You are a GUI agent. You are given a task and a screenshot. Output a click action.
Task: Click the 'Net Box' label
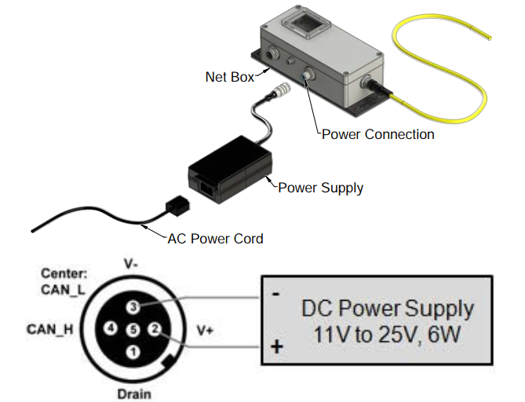click(x=230, y=77)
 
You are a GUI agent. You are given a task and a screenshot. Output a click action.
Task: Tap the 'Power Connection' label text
click(x=378, y=134)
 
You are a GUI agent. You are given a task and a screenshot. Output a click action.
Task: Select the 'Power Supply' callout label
click(x=320, y=188)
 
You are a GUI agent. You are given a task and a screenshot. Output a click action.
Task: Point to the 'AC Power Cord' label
click(x=215, y=239)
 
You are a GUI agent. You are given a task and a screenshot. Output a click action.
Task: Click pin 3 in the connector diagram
click(x=133, y=306)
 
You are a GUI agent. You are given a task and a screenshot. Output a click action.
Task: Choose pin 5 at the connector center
click(x=133, y=330)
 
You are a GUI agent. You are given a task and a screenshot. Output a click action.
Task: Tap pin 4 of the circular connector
click(x=110, y=329)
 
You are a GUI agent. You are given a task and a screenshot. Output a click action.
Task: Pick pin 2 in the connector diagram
click(x=155, y=329)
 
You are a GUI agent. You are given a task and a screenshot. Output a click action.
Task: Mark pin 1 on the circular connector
click(x=133, y=352)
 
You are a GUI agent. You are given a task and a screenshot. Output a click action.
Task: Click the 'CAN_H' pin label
click(x=50, y=329)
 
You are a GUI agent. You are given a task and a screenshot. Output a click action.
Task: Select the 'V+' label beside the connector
click(x=205, y=331)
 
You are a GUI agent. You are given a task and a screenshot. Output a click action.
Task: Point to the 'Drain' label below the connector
click(x=134, y=394)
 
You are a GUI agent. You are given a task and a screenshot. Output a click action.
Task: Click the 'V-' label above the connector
click(x=130, y=265)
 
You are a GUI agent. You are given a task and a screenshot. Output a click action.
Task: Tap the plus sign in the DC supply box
click(x=276, y=347)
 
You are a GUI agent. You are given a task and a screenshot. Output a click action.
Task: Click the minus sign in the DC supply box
click(x=275, y=294)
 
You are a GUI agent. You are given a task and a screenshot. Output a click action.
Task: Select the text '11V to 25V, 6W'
click(x=387, y=334)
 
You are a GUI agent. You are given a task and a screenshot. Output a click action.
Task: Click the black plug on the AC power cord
click(x=177, y=204)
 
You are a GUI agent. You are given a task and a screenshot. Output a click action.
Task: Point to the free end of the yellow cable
click(x=489, y=38)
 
